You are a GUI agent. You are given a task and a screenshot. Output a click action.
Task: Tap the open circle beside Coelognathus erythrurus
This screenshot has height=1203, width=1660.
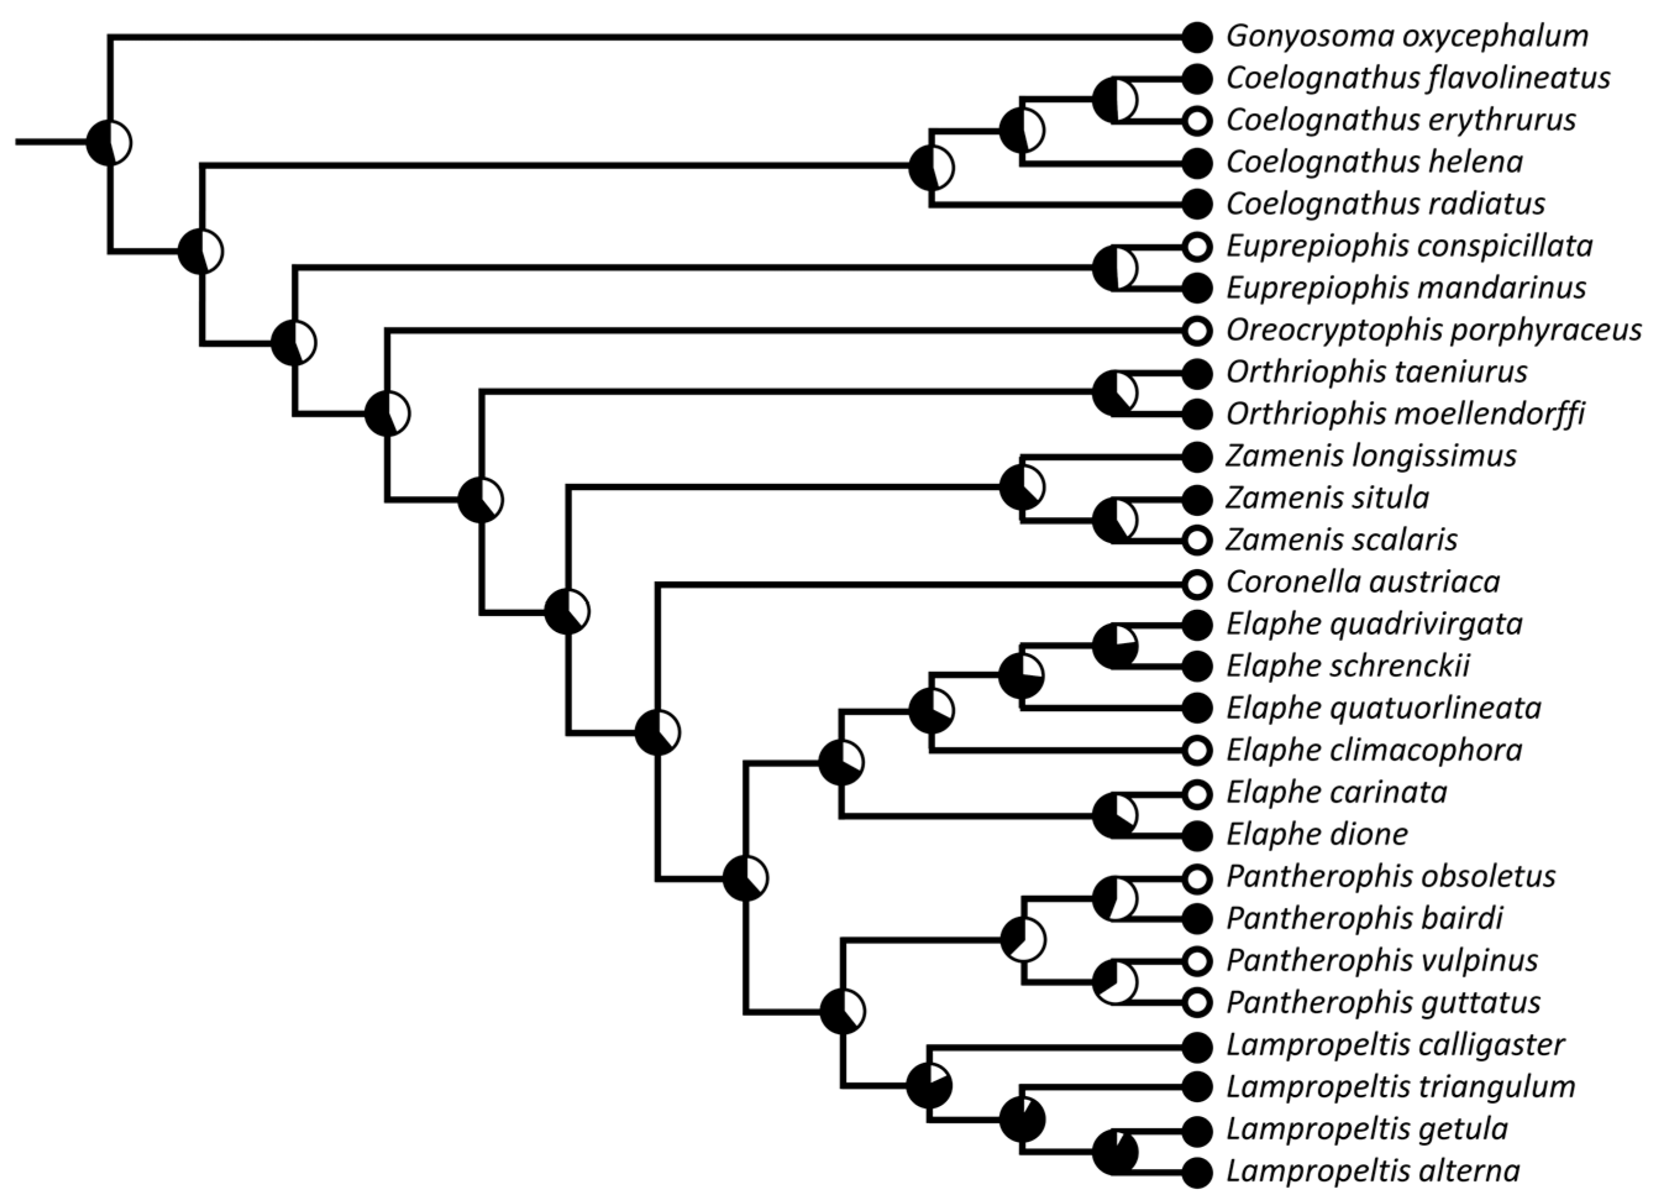(1197, 121)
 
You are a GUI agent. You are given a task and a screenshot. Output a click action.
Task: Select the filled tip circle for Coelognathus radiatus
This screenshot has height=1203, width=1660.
(1197, 205)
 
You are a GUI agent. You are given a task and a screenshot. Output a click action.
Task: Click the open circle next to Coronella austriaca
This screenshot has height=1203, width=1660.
(1197, 583)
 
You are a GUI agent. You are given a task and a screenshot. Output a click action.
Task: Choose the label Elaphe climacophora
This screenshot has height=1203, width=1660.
(1374, 751)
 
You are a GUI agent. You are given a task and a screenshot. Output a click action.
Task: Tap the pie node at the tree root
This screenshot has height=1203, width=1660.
(109, 142)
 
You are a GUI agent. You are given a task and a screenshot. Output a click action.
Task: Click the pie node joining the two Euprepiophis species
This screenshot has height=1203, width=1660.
(1115, 268)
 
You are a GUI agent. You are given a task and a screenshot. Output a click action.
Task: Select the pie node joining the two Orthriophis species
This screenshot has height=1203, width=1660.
(1115, 393)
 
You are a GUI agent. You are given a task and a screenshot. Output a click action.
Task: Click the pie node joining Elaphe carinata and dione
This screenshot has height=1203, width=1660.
(1115, 814)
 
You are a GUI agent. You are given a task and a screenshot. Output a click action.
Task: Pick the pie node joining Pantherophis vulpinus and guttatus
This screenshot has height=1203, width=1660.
(1115, 982)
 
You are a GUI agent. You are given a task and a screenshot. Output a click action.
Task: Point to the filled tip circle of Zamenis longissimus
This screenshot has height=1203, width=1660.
(1197, 457)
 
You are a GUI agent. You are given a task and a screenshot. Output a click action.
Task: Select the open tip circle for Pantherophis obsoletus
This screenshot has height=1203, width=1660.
(1197, 877)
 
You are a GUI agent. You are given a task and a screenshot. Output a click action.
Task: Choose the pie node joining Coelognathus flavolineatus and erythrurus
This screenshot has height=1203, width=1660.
(1115, 99)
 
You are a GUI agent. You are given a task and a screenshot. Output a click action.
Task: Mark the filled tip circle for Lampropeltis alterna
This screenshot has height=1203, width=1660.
(1197, 1172)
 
